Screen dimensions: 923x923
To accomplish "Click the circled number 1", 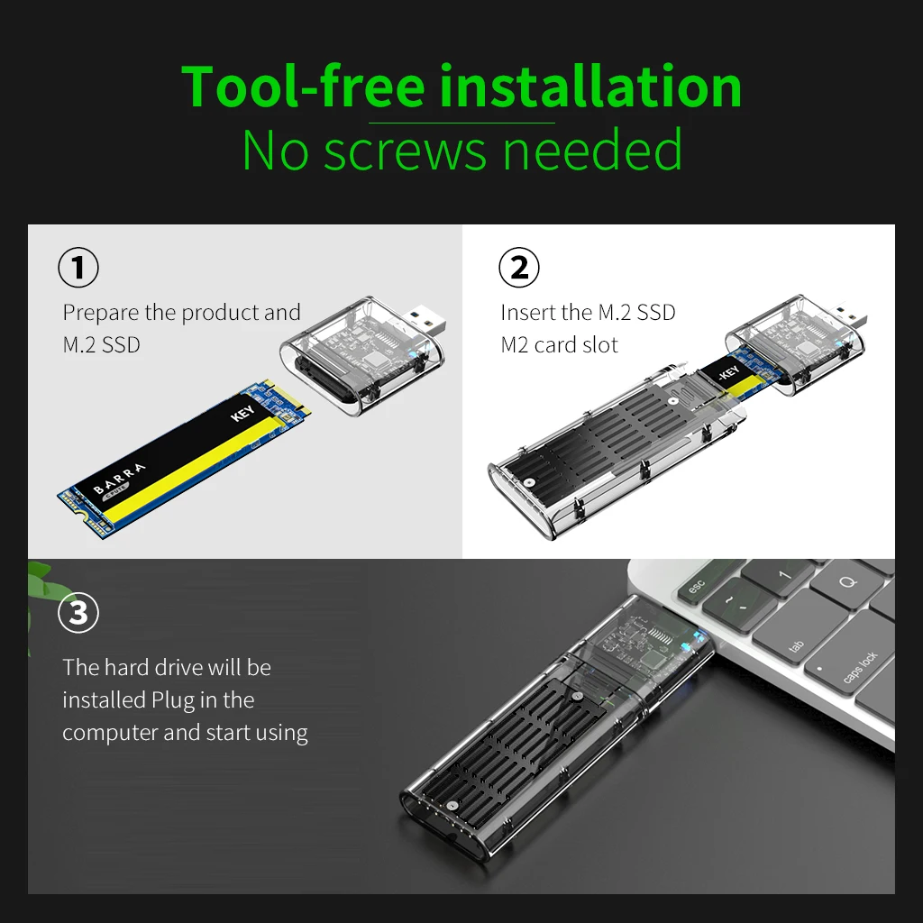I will pyautogui.click(x=78, y=268).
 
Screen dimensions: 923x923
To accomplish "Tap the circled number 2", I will pyautogui.click(x=518, y=268).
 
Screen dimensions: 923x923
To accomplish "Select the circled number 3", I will pyautogui.click(x=78, y=614).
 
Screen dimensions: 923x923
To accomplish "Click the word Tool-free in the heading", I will pyautogui.click(x=303, y=87).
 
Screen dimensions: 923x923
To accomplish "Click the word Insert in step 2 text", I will pyautogui.click(x=526, y=313).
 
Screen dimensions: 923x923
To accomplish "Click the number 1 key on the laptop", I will pyautogui.click(x=782, y=574).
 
